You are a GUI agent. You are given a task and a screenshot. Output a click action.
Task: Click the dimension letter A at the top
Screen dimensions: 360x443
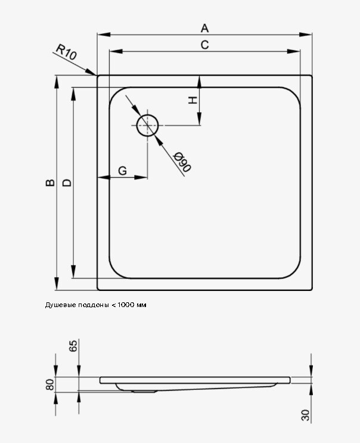[204, 28]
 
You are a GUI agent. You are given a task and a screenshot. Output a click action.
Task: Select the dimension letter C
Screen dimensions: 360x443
[204, 45]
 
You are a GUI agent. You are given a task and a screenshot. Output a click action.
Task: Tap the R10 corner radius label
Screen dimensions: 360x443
[66, 52]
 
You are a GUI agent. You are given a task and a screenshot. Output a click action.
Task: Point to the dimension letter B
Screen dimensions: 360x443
[50, 183]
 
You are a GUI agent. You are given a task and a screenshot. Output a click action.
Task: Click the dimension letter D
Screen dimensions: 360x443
[67, 183]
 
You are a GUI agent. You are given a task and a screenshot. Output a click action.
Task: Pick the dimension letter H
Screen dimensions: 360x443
[193, 100]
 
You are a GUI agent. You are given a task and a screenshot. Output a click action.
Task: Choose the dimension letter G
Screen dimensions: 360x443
[123, 171]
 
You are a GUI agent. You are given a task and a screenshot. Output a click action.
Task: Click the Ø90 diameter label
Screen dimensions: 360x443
[182, 162]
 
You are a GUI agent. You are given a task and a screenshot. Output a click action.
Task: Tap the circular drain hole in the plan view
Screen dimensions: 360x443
[147, 125]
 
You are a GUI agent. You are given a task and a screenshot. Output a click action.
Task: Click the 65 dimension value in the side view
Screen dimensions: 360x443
[73, 346]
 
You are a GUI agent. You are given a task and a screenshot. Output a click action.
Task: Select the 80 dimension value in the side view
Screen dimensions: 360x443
[49, 385]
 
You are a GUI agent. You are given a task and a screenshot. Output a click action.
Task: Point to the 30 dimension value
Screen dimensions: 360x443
[305, 415]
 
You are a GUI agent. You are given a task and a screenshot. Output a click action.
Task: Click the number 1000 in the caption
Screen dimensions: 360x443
[126, 305]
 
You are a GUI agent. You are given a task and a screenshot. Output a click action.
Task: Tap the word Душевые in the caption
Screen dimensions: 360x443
[57, 305]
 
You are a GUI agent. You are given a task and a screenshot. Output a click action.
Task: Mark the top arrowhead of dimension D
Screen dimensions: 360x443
[73, 94]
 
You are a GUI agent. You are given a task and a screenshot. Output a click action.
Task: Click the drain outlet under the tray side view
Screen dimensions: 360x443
[144, 392]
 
